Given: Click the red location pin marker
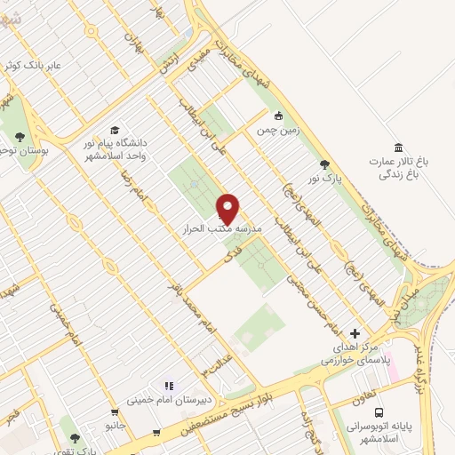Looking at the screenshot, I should point(228,208).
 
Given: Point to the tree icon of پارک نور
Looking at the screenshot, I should point(324,164).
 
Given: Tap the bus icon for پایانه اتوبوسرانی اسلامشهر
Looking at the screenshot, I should point(379,413).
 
